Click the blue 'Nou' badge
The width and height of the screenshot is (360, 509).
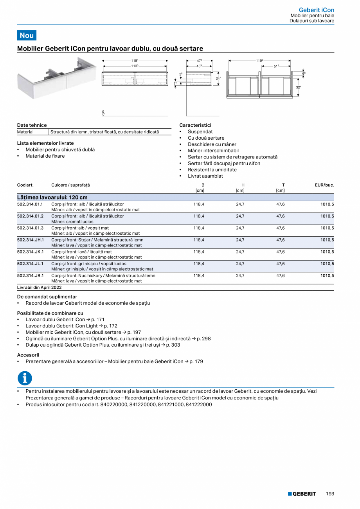point(27,35)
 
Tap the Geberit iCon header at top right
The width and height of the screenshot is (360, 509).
point(316,10)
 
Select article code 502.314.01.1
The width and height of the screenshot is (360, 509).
point(30,204)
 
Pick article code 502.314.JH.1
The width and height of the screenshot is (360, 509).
point(31,240)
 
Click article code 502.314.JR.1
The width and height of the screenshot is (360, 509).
point(31,275)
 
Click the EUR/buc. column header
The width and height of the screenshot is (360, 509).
point(324,185)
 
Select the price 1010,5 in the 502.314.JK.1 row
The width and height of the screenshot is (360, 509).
point(327,252)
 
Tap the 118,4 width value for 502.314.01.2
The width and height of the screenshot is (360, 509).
point(199,216)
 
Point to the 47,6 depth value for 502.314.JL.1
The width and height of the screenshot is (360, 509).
point(280,264)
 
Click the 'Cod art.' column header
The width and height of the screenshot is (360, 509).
point(25,185)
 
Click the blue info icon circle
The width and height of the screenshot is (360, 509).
point(25,378)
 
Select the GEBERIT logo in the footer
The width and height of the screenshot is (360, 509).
point(302,494)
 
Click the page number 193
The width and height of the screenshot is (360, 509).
point(330,494)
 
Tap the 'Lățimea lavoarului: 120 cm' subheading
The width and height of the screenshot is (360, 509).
point(52,197)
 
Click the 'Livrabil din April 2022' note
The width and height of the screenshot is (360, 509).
point(40,287)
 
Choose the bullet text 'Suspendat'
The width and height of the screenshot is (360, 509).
point(200,132)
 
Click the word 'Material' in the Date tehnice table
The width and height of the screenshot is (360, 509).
point(25,132)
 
